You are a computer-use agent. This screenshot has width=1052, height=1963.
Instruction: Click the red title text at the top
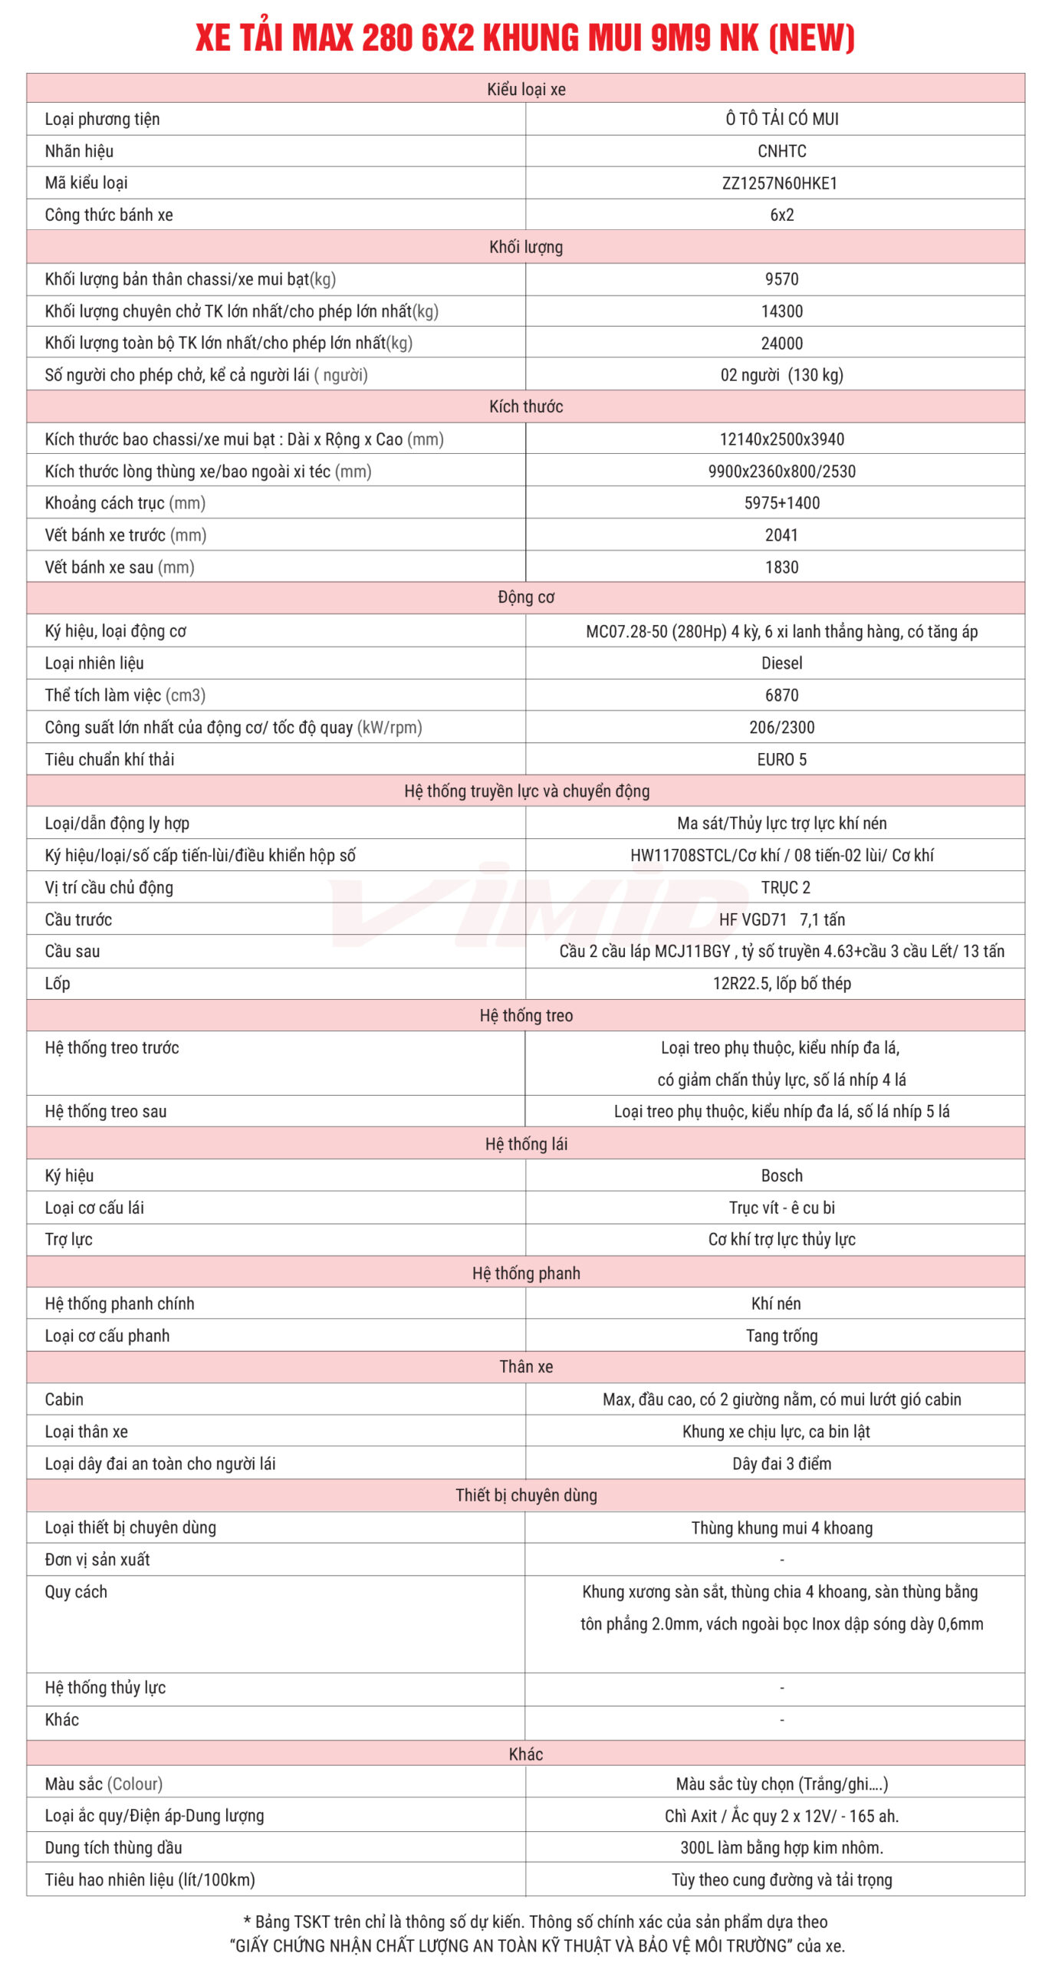525,38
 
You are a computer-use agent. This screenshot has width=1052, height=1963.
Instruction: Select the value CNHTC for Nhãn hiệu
781,151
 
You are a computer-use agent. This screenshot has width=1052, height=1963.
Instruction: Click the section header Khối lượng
526,247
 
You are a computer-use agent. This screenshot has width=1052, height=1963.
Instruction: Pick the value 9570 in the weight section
781,279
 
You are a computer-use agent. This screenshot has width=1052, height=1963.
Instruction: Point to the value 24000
781,344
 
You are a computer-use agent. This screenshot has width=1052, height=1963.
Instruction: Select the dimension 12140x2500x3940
781,439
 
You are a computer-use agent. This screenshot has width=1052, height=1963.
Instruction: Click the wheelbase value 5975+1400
781,503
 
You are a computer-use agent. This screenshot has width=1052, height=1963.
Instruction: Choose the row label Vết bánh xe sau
120,567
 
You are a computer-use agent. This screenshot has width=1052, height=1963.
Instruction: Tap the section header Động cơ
526,597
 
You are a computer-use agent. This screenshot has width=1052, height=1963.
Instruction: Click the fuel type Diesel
781,663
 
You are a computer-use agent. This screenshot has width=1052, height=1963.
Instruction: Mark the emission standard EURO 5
781,759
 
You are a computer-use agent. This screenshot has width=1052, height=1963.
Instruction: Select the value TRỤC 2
785,887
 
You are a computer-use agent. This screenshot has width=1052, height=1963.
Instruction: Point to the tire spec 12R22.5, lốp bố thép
781,983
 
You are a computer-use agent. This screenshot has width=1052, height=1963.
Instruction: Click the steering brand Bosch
781,1175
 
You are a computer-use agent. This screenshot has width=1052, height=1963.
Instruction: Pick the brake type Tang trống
781,1336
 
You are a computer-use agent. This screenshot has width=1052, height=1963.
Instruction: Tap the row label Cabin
64,1399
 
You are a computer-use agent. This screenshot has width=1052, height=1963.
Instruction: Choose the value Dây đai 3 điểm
781,1464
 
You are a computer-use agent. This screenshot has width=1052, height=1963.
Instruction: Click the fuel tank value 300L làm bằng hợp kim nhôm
781,1848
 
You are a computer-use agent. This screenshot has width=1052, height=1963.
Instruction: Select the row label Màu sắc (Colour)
104,1784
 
